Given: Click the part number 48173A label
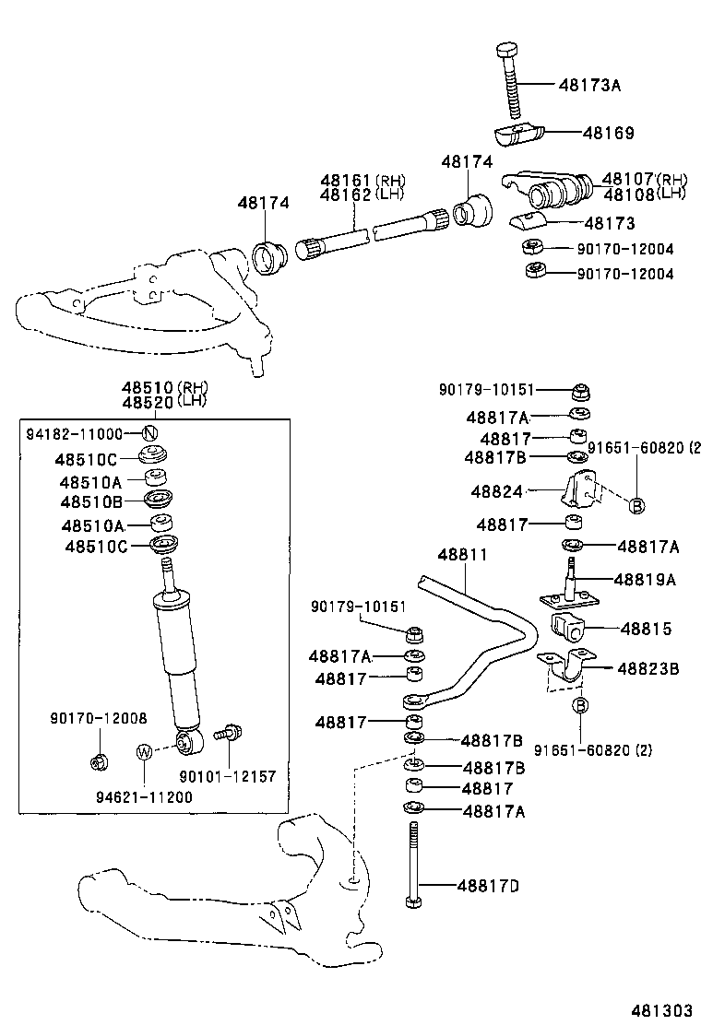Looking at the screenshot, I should click(x=588, y=86).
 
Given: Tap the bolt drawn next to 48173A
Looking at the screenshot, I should click(x=510, y=78).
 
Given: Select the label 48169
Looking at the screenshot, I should click(x=608, y=134).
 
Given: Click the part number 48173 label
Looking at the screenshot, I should click(x=609, y=223).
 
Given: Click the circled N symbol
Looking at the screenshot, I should click(x=149, y=434).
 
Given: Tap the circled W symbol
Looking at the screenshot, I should click(x=144, y=751).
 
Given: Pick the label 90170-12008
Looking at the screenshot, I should click(x=99, y=717).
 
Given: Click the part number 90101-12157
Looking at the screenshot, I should click(x=214, y=777).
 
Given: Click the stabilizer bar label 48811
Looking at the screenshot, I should click(x=462, y=555).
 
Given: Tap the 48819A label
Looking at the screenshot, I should click(x=646, y=580).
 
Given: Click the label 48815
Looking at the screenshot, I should click(x=647, y=630).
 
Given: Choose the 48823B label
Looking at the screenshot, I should click(x=648, y=668).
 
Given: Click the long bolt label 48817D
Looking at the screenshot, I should click(x=488, y=886).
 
